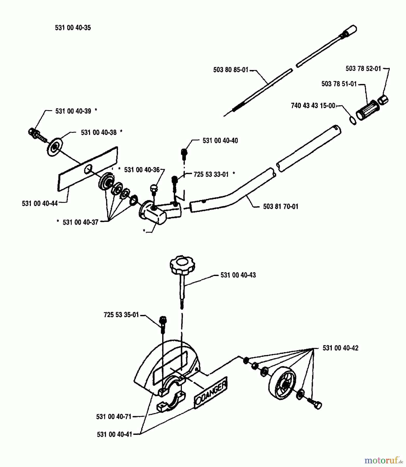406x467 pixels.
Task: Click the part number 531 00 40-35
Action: [x=73, y=28]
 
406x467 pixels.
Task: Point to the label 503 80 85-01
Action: [x=231, y=70]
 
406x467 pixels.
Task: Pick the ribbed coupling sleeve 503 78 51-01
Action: [x=367, y=110]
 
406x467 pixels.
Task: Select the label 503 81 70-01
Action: [x=281, y=207]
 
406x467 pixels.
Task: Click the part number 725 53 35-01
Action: [x=121, y=315]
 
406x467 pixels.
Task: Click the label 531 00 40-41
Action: [x=114, y=434]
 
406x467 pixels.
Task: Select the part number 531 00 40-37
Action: [x=80, y=222]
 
